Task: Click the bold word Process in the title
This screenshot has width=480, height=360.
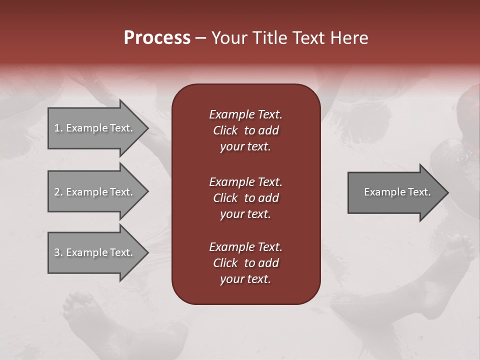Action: [x=157, y=38]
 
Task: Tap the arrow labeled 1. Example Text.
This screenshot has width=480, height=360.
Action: [x=95, y=128]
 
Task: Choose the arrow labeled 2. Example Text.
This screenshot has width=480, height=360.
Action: [x=95, y=192]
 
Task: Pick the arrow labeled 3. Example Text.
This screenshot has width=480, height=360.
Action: [x=95, y=252]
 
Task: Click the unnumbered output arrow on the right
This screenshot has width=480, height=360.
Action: [x=395, y=192]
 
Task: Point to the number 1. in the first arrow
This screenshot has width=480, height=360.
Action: [x=58, y=128]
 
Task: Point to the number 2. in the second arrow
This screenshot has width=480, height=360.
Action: [x=58, y=192]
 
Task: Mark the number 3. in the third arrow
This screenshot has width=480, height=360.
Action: [x=58, y=252]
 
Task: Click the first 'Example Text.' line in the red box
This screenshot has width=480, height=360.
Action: [x=245, y=114]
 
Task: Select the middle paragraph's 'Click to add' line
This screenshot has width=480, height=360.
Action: [x=245, y=198]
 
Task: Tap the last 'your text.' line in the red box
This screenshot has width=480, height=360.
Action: [x=245, y=279]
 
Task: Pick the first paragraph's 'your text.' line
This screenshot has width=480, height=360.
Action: [x=245, y=147]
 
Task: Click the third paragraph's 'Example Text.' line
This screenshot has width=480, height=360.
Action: [x=245, y=247]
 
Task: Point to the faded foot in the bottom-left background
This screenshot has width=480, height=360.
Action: [x=82, y=310]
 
